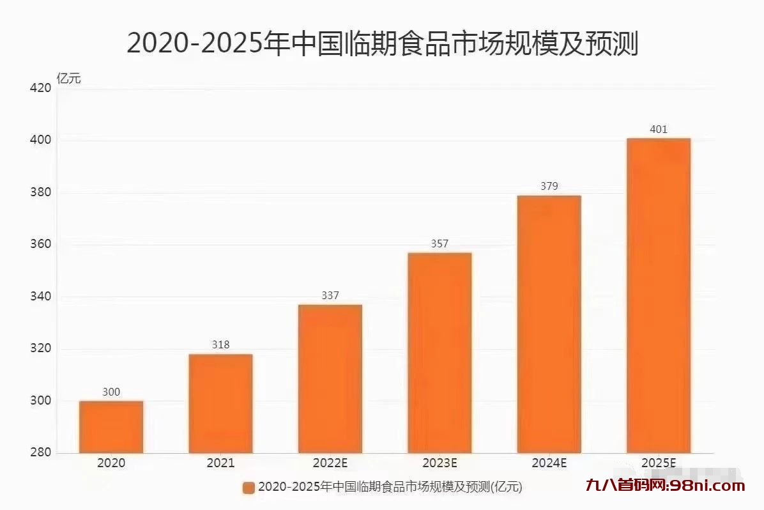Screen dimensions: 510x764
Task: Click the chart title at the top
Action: pyautogui.click(x=382, y=43)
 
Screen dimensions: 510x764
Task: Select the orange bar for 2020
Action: pyautogui.click(x=111, y=427)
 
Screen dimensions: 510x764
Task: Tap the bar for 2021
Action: pyautogui.click(x=220, y=403)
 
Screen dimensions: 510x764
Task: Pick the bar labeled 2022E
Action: pyautogui.click(x=330, y=378)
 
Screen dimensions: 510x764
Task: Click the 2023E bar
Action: pyautogui.click(x=439, y=353)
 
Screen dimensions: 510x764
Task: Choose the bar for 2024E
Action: pyautogui.click(x=549, y=324)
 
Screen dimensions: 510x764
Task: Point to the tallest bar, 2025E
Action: pyautogui.click(x=658, y=295)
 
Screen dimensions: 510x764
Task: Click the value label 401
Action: pyautogui.click(x=658, y=130)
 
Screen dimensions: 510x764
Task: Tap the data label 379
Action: pyautogui.click(x=549, y=187)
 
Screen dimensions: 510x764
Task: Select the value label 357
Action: pyautogui.click(x=439, y=243)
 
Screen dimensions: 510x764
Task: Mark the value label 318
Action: pyautogui.click(x=220, y=345)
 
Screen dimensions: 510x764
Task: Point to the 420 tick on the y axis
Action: pyautogui.click(x=40, y=88)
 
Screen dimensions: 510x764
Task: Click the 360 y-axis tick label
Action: pyautogui.click(x=40, y=245)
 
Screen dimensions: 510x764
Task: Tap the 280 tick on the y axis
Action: pyautogui.click(x=40, y=453)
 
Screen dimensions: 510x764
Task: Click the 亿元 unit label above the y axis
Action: pyautogui.click(x=69, y=79)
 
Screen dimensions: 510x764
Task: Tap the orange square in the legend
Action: pyautogui.click(x=248, y=488)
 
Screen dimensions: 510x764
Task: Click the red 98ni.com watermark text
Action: pyautogui.click(x=664, y=486)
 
